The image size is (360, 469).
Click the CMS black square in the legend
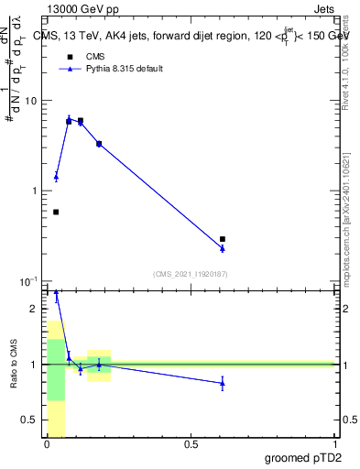click(x=70, y=57)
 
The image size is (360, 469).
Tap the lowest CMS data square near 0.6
click(x=223, y=239)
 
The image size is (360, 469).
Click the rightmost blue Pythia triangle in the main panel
click(x=223, y=247)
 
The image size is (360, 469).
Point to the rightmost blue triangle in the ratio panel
click(x=223, y=383)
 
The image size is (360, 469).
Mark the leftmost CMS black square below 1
click(x=56, y=212)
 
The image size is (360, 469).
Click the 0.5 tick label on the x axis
click(x=191, y=444)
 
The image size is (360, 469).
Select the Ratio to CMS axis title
click(x=14, y=364)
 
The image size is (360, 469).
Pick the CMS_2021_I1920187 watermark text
click(x=191, y=274)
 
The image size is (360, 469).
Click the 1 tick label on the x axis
click(x=334, y=444)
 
